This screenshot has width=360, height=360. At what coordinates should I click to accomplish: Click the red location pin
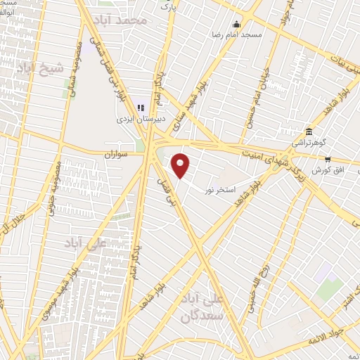click(181, 165)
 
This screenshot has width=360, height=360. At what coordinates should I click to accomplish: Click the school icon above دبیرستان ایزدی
click(141, 108)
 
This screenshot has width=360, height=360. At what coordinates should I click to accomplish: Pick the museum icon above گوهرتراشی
click(309, 131)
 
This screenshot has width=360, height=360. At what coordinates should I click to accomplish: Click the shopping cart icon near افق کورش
click(347, 159)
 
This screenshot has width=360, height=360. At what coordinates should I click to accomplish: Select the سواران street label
click(118, 153)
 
